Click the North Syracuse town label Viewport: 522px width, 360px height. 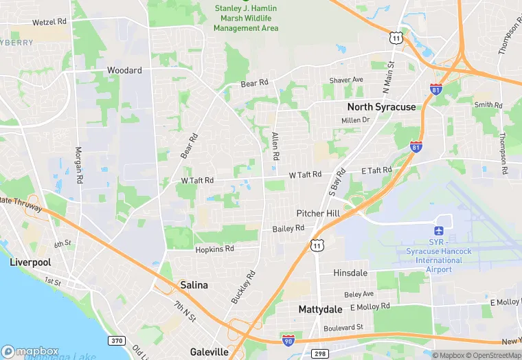[381, 106]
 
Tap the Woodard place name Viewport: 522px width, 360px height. [124, 70]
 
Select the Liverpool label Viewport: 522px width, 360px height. [30, 262]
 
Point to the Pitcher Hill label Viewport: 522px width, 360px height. [318, 214]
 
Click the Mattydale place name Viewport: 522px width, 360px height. [320, 310]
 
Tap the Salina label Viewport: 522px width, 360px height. [194, 284]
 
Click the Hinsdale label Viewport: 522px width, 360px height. [350, 273]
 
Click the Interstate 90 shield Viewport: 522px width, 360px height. [289, 339]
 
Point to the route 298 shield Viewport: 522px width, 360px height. [321, 354]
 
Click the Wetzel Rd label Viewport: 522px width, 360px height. [49, 22]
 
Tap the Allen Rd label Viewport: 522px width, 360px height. [275, 146]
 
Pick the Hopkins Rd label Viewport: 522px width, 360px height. [214, 249]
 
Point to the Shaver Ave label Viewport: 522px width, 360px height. [345, 80]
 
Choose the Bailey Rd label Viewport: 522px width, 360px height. [288, 228]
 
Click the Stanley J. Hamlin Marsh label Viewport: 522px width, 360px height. [245, 19]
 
